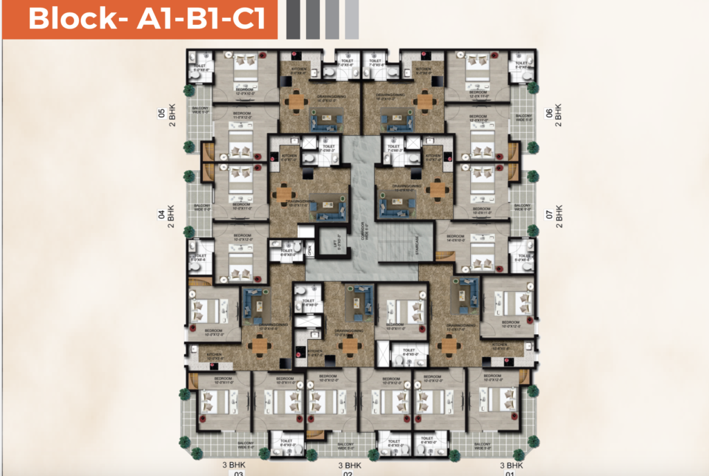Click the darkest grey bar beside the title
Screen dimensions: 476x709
pos(293,19)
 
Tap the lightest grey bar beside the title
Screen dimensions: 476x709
pos(352,19)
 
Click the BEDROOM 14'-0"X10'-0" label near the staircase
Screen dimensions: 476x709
pos(455,241)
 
